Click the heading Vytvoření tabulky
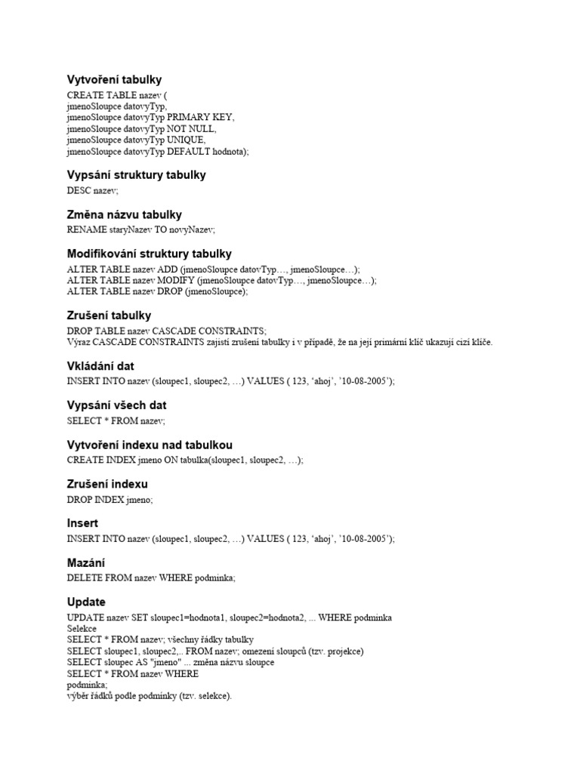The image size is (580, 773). [114, 79]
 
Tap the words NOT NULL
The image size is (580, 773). [192, 129]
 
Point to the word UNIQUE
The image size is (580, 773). [186, 140]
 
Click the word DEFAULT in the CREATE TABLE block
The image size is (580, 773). [189, 152]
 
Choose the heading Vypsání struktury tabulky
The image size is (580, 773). [136, 175]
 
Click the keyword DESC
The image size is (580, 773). [79, 191]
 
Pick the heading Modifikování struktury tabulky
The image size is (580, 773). [149, 254]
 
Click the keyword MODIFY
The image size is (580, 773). [172, 280]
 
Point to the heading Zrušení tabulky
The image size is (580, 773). [109, 316]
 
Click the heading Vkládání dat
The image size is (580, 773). [100, 366]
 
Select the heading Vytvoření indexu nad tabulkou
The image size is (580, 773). [150, 445]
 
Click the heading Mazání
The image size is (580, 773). [86, 563]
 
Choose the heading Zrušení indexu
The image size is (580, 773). [107, 484]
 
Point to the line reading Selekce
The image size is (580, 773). [82, 628]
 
